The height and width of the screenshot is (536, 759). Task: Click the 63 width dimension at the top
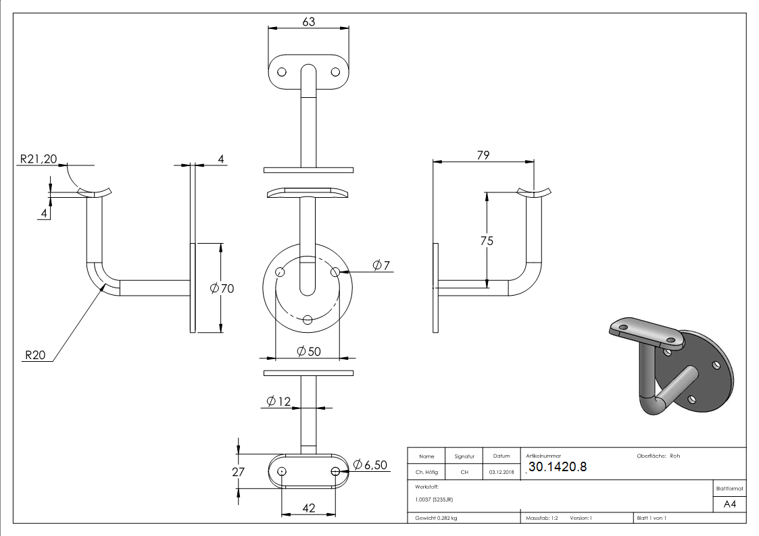tap(308, 22)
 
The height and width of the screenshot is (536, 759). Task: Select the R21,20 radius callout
tap(38, 159)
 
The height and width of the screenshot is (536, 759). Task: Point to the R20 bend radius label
tap(35, 355)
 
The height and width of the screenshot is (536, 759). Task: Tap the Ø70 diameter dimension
tap(222, 289)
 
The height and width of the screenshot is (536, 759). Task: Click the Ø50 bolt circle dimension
tap(308, 351)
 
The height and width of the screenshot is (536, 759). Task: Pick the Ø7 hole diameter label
tap(381, 265)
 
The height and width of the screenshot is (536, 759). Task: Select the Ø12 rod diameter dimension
tap(278, 402)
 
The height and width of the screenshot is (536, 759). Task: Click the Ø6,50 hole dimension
tap(370, 465)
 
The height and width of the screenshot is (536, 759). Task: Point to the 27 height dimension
tap(238, 472)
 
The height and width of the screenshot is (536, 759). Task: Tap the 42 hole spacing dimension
tap(309, 508)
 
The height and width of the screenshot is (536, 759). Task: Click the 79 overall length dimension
tap(483, 155)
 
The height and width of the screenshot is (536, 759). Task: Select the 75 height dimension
tap(485, 241)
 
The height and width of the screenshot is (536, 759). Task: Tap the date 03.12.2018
tap(501, 472)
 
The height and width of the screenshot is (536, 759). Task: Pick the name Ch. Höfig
tap(426, 472)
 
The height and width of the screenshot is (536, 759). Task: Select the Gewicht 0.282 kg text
tap(436, 518)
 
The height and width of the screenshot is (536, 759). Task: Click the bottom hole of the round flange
tap(308, 320)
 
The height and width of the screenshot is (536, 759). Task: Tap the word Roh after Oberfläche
tap(675, 456)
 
